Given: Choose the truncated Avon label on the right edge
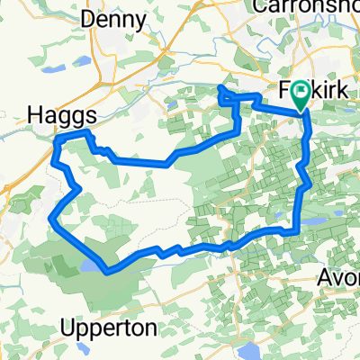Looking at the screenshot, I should click(342, 277).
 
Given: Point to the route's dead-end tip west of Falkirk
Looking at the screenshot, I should click(221, 87).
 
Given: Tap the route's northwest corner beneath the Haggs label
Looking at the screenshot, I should click(59, 138).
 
